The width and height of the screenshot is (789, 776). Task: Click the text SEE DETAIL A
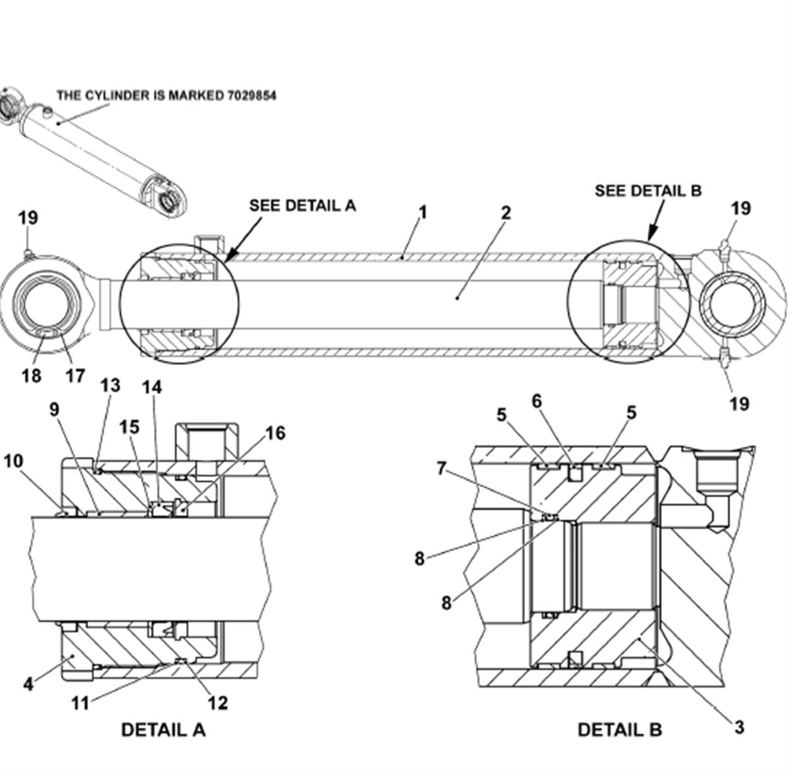click(x=302, y=206)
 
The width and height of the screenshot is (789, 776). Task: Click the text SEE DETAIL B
click(x=648, y=191)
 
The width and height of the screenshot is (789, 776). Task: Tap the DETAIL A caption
click(x=163, y=730)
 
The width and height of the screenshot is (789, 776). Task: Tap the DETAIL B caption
click(x=620, y=730)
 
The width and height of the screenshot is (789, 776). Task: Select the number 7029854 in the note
click(x=251, y=95)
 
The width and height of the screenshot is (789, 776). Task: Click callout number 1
click(x=423, y=212)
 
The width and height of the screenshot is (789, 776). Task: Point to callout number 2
click(x=506, y=212)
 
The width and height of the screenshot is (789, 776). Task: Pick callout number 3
click(x=739, y=727)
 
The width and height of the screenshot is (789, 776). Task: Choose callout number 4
click(x=28, y=684)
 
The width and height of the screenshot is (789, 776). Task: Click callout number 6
click(x=537, y=401)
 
